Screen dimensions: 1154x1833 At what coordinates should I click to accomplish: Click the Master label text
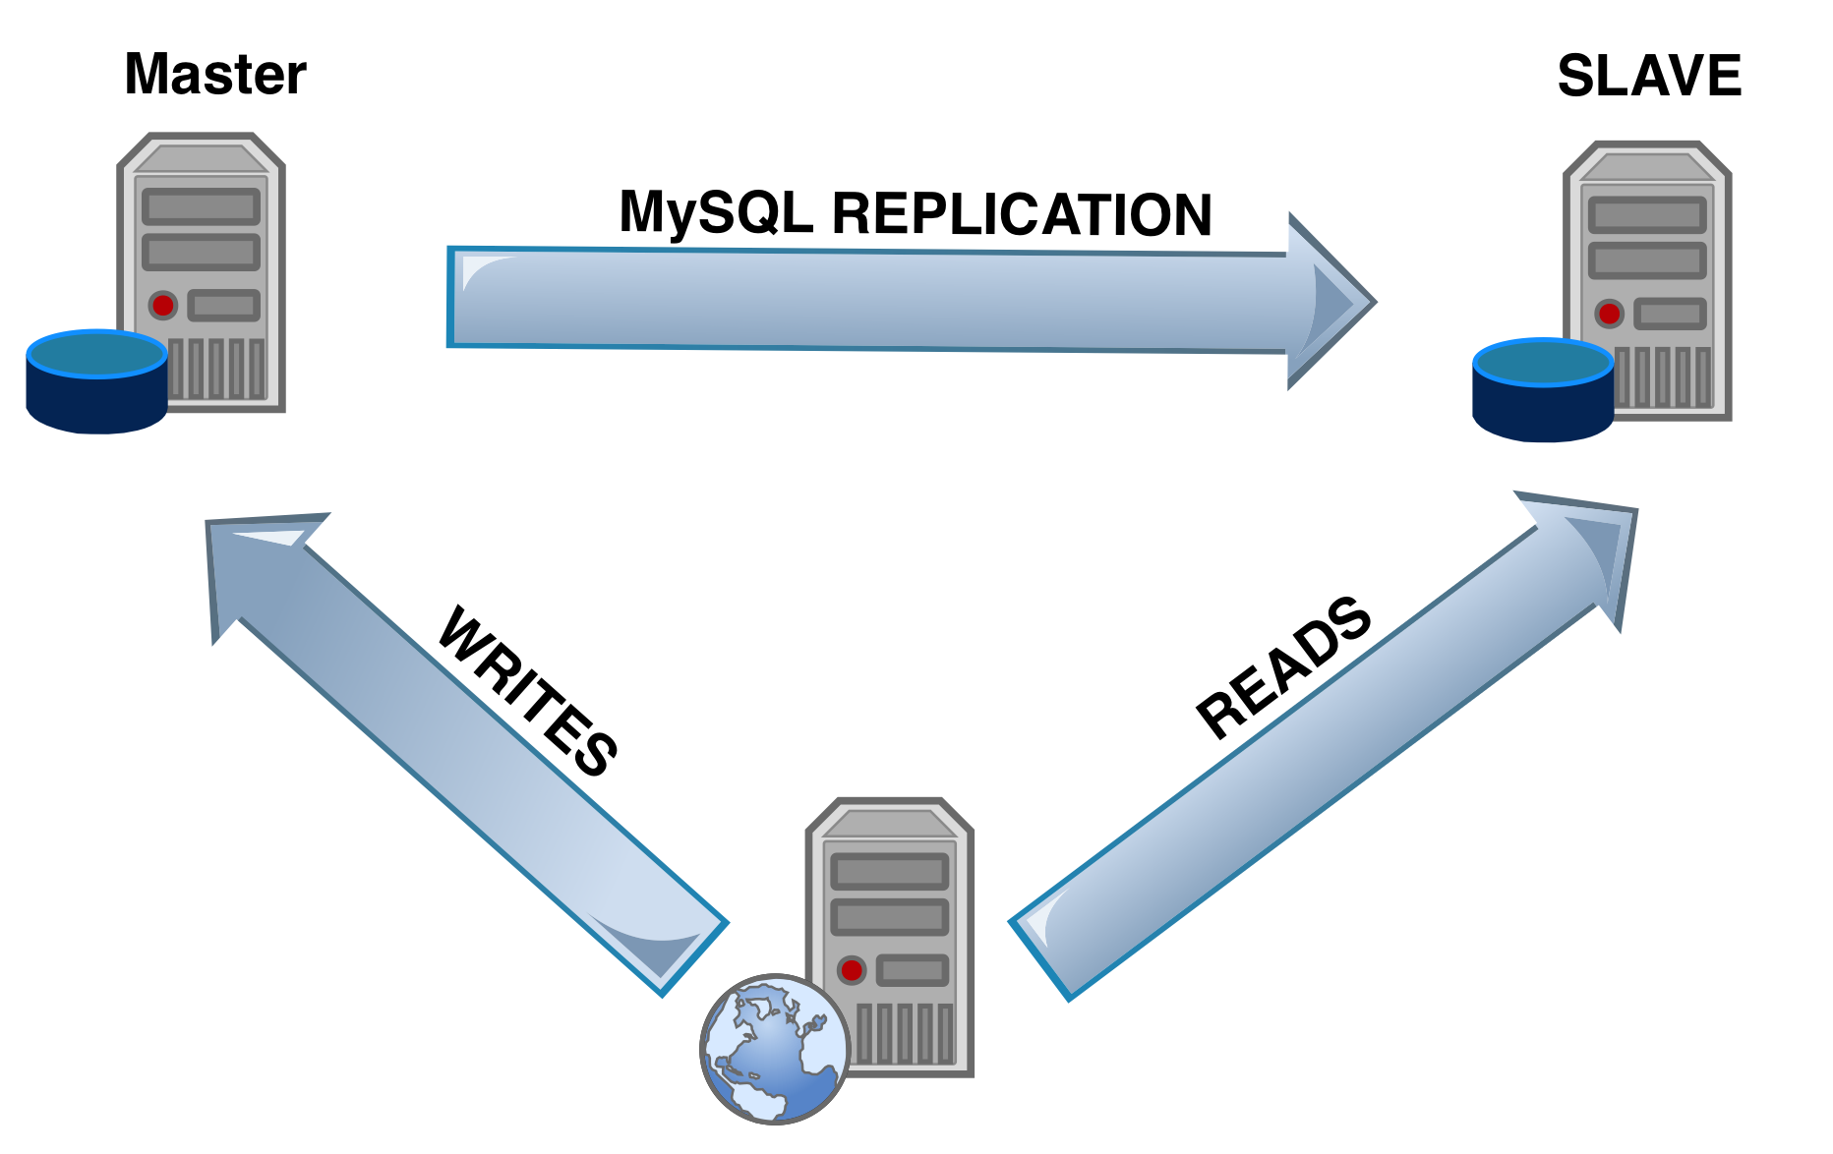click(x=214, y=75)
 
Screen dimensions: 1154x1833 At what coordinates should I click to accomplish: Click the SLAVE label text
click(x=1648, y=77)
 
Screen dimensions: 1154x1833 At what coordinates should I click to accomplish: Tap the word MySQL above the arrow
click(x=716, y=211)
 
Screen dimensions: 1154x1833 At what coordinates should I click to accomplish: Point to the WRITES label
click(x=527, y=692)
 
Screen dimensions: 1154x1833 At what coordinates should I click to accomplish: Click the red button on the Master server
click(x=163, y=306)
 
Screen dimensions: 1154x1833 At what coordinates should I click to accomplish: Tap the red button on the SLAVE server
click(x=1609, y=315)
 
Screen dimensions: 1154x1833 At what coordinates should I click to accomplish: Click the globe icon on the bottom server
click(x=775, y=1048)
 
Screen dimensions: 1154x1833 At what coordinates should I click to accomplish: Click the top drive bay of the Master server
click(x=202, y=207)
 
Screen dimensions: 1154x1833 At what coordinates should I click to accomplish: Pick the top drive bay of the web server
click(x=889, y=872)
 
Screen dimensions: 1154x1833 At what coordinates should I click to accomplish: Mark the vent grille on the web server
click(x=905, y=1032)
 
